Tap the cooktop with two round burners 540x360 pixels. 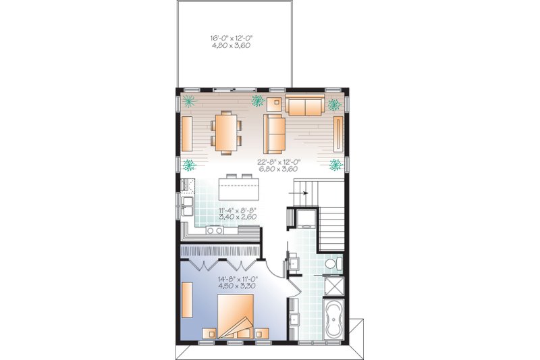tap(215, 230)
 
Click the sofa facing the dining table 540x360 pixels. tap(274, 132)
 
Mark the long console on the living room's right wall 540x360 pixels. tap(337, 134)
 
